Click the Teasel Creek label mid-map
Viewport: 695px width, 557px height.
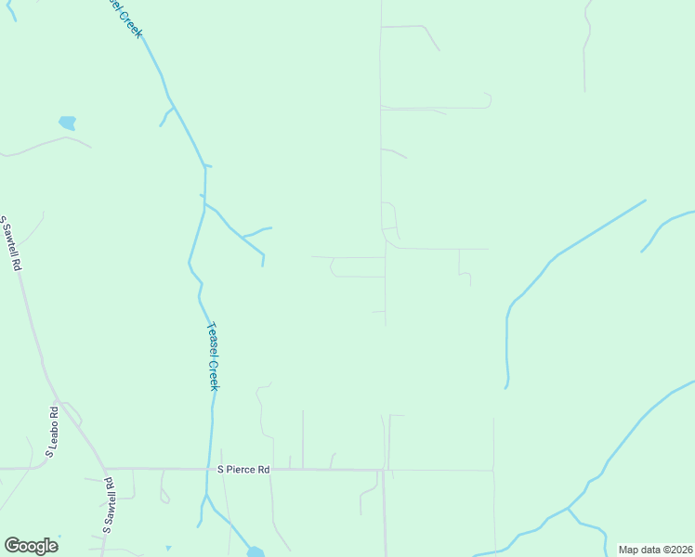(212, 356)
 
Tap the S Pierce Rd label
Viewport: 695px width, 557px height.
(243, 470)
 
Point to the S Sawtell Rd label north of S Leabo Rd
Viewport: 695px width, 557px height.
(11, 242)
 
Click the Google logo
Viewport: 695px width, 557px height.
(31, 546)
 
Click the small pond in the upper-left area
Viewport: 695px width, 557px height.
(67, 123)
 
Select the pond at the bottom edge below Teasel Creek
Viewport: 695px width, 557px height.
(256, 552)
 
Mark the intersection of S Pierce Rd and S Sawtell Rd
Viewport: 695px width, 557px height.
(105, 469)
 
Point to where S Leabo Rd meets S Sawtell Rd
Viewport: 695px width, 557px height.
(58, 406)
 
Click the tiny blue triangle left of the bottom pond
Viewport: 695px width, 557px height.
(168, 548)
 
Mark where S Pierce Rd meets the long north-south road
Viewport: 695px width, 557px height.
(384, 471)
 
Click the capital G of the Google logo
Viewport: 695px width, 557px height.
(12, 546)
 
